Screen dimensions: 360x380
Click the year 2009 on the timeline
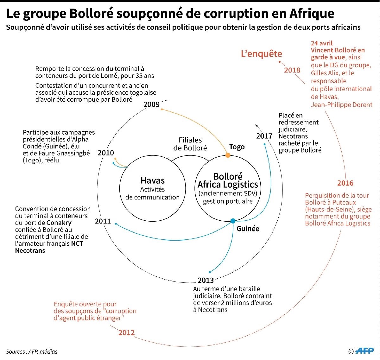(151, 104)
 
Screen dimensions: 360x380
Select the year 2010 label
(105, 153)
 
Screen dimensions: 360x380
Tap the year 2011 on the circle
(103, 221)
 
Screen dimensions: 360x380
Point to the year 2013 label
(206, 280)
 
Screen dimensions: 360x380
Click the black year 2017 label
(264, 136)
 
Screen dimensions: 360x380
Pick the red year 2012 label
(126, 332)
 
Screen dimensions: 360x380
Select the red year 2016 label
(345, 183)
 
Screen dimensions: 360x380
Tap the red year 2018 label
(292, 70)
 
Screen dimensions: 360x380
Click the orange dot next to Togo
(228, 155)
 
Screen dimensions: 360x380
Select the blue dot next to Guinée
(233, 221)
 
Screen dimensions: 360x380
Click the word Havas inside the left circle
(153, 180)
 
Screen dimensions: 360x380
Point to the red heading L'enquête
(261, 54)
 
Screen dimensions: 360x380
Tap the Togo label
(237, 147)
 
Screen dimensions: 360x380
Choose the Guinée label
(248, 228)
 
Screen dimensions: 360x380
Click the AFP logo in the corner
(364, 350)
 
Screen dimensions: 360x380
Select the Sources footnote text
(32, 351)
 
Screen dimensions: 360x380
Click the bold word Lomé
(109, 76)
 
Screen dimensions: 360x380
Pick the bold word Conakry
(59, 223)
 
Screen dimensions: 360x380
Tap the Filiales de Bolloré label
(190, 144)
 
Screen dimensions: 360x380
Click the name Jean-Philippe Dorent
(341, 104)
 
